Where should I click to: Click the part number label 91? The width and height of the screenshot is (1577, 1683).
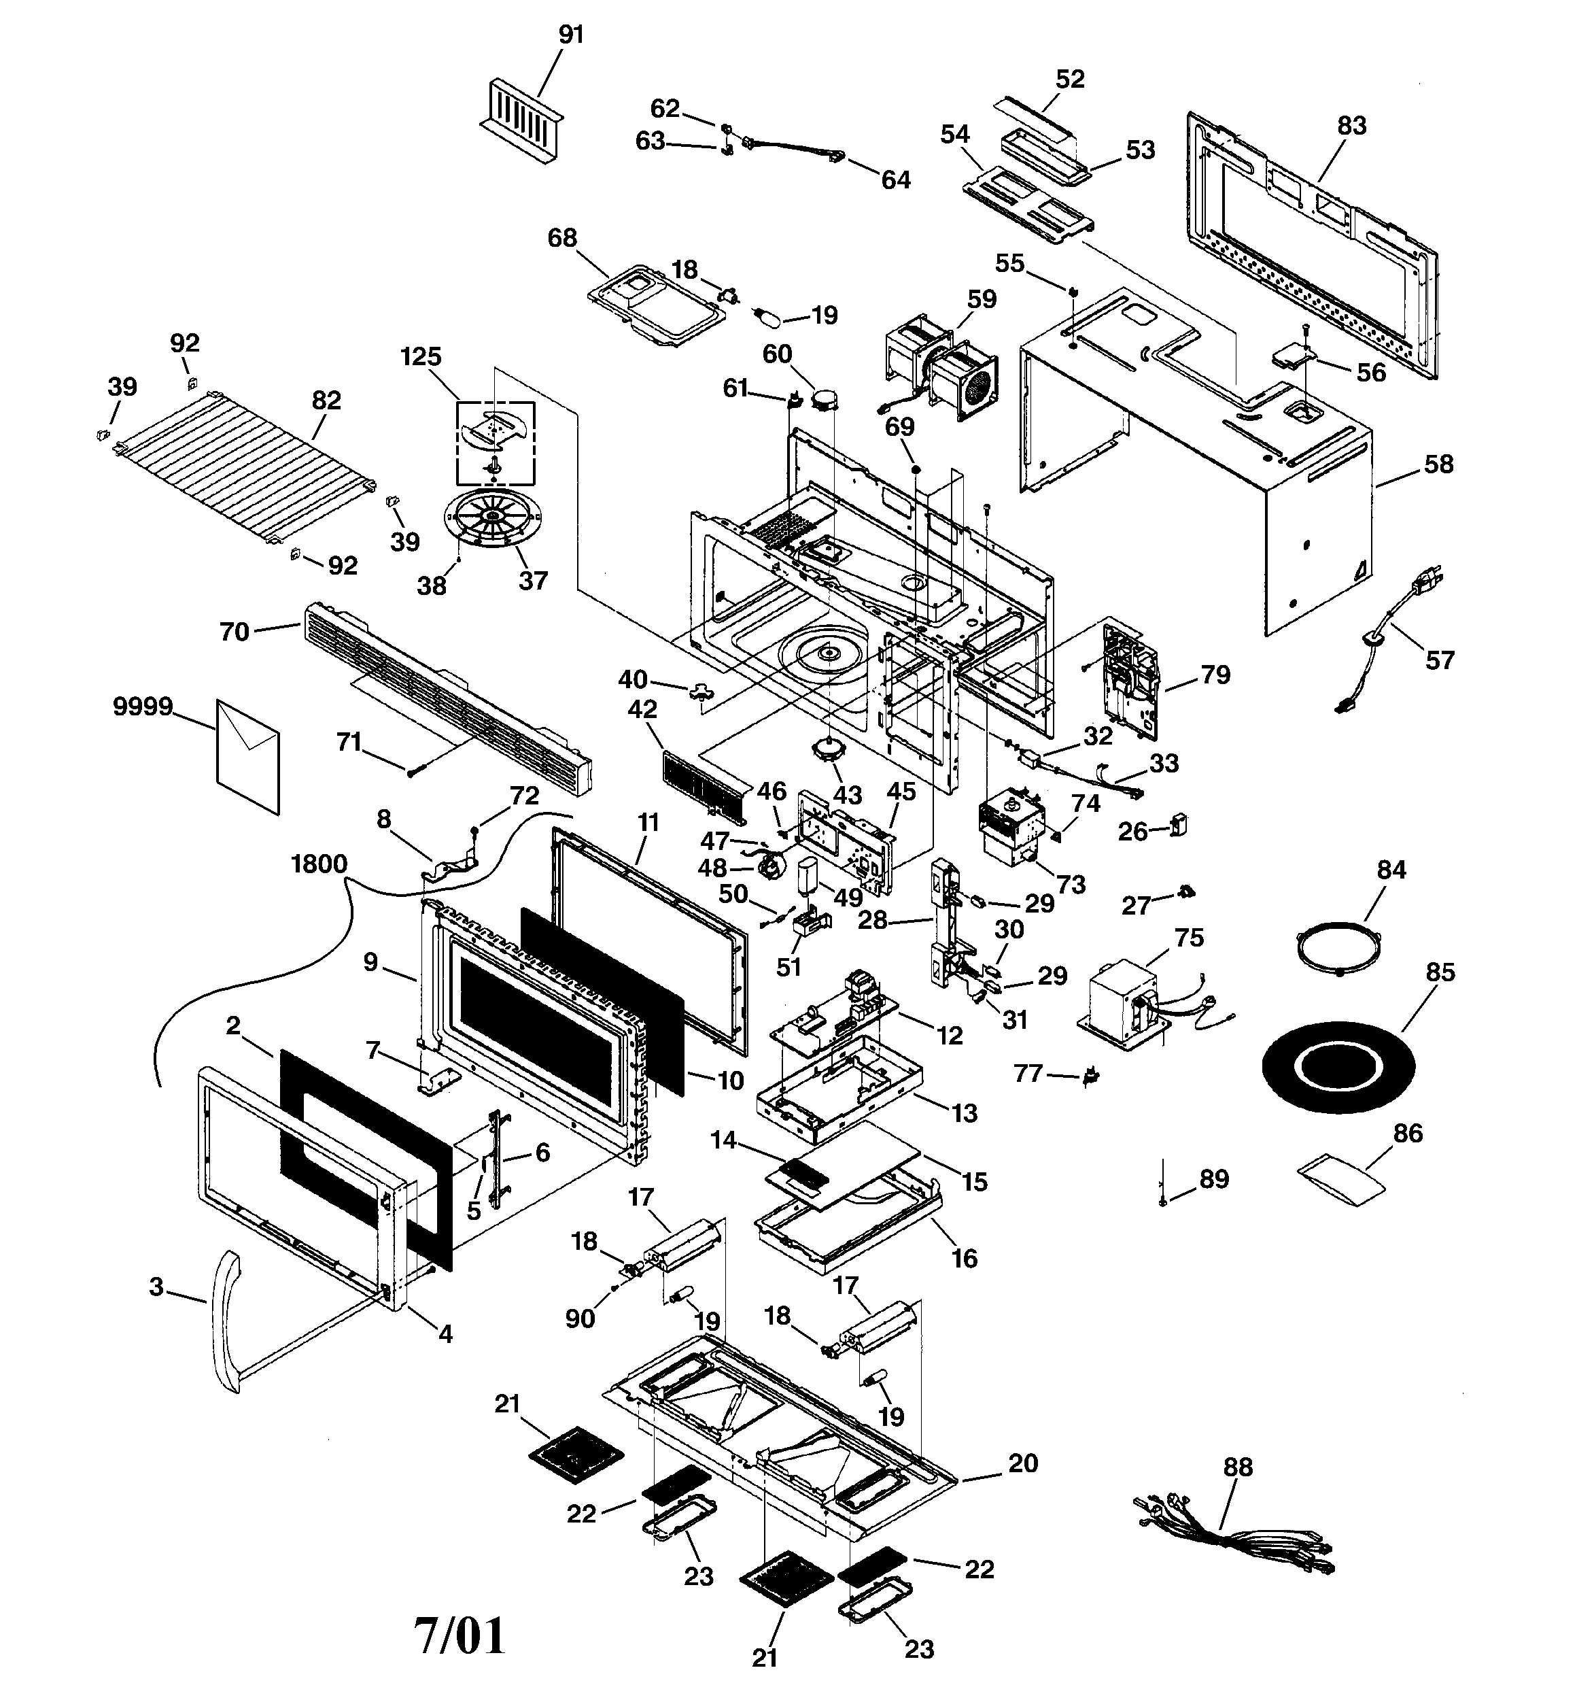coord(572,35)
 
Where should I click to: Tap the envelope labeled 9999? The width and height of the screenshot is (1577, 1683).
coord(247,756)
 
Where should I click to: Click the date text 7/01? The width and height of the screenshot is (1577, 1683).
coord(460,1634)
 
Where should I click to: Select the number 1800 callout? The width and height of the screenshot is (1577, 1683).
coord(318,864)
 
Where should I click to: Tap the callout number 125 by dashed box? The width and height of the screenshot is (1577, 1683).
coord(421,356)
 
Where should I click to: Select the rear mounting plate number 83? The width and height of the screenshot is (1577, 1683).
coord(1352,125)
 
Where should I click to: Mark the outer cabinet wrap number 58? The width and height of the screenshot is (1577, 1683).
coord(1438,464)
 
